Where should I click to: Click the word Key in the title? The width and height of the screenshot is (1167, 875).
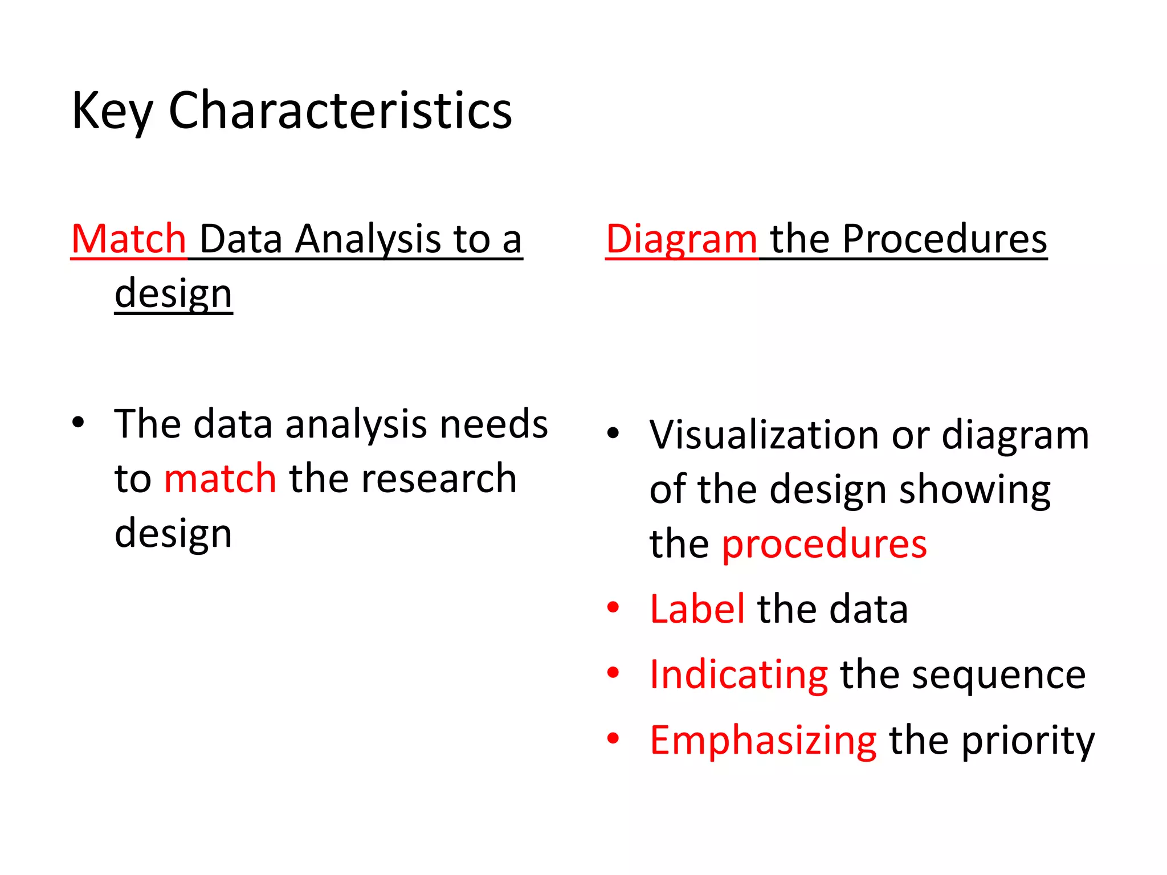pyautogui.click(x=112, y=111)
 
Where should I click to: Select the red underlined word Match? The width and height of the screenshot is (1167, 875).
pyautogui.click(x=129, y=239)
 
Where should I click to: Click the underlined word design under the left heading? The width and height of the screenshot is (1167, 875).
pyautogui.click(x=173, y=294)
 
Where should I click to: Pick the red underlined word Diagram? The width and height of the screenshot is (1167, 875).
pyautogui.click(x=682, y=239)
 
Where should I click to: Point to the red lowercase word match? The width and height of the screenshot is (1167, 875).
pyautogui.click(x=220, y=478)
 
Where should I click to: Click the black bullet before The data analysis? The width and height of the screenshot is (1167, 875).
pyautogui.click(x=79, y=423)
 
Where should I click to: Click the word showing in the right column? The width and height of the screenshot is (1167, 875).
pyautogui.click(x=974, y=489)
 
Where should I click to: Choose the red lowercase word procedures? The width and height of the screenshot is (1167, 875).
pyautogui.click(x=824, y=543)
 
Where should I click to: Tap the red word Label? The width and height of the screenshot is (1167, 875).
pyautogui.click(x=697, y=609)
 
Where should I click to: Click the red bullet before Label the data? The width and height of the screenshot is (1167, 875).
pyautogui.click(x=613, y=607)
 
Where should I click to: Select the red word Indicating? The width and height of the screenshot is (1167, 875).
pyautogui.click(x=738, y=674)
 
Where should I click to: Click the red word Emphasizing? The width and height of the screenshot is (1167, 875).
pyautogui.click(x=763, y=741)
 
